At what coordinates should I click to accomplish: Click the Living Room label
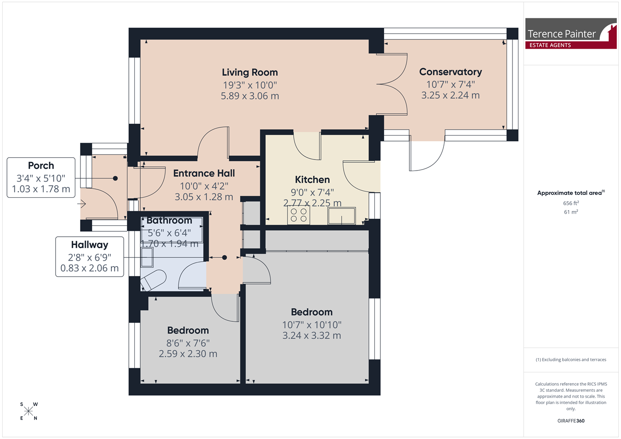(249, 72)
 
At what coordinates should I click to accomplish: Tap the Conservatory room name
(450, 72)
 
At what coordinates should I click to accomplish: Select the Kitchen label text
(312, 179)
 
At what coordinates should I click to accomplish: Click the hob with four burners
(299, 215)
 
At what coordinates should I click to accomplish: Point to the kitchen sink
(341, 216)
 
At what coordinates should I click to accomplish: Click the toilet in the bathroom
(153, 280)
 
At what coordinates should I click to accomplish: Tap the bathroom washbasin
(147, 257)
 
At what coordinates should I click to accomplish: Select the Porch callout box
(41, 177)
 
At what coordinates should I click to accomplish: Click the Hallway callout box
(90, 257)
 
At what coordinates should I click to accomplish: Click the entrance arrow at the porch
(81, 204)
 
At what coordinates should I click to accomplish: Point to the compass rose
(29, 411)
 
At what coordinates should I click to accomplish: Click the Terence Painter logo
(571, 34)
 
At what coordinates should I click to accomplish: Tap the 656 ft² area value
(571, 203)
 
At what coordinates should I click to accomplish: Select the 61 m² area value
(571, 212)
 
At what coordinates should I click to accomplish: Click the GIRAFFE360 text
(571, 421)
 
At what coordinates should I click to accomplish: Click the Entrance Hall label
(204, 173)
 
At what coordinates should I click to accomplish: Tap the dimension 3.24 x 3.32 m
(311, 336)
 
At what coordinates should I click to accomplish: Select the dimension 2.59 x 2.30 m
(188, 353)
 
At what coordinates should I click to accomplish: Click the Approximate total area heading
(571, 193)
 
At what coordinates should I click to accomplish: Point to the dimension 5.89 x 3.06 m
(249, 96)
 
